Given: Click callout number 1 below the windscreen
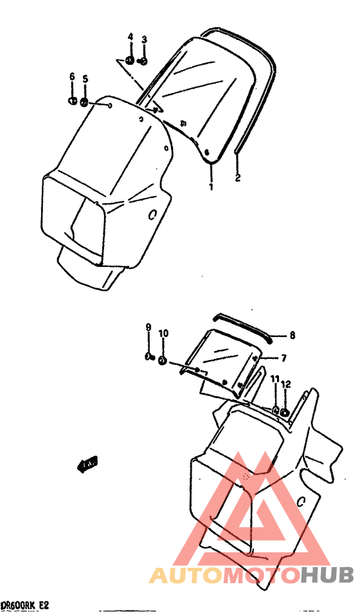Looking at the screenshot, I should coord(210,187).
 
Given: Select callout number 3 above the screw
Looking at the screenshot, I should coord(144,39).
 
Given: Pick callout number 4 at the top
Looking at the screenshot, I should coord(130,37).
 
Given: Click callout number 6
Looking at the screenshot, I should coord(72,78).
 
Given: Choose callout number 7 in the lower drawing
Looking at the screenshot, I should coord(283,357).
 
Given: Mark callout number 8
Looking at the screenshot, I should coord(292,335).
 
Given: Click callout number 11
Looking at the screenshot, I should coord(274,379).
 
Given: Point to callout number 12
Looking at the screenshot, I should coord(286,384).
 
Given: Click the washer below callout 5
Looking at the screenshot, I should coord(84,102).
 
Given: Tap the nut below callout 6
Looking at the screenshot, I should coord(73,100).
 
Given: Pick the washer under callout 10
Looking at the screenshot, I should coord(163,361).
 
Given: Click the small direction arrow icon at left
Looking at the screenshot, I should coord(87,463).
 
